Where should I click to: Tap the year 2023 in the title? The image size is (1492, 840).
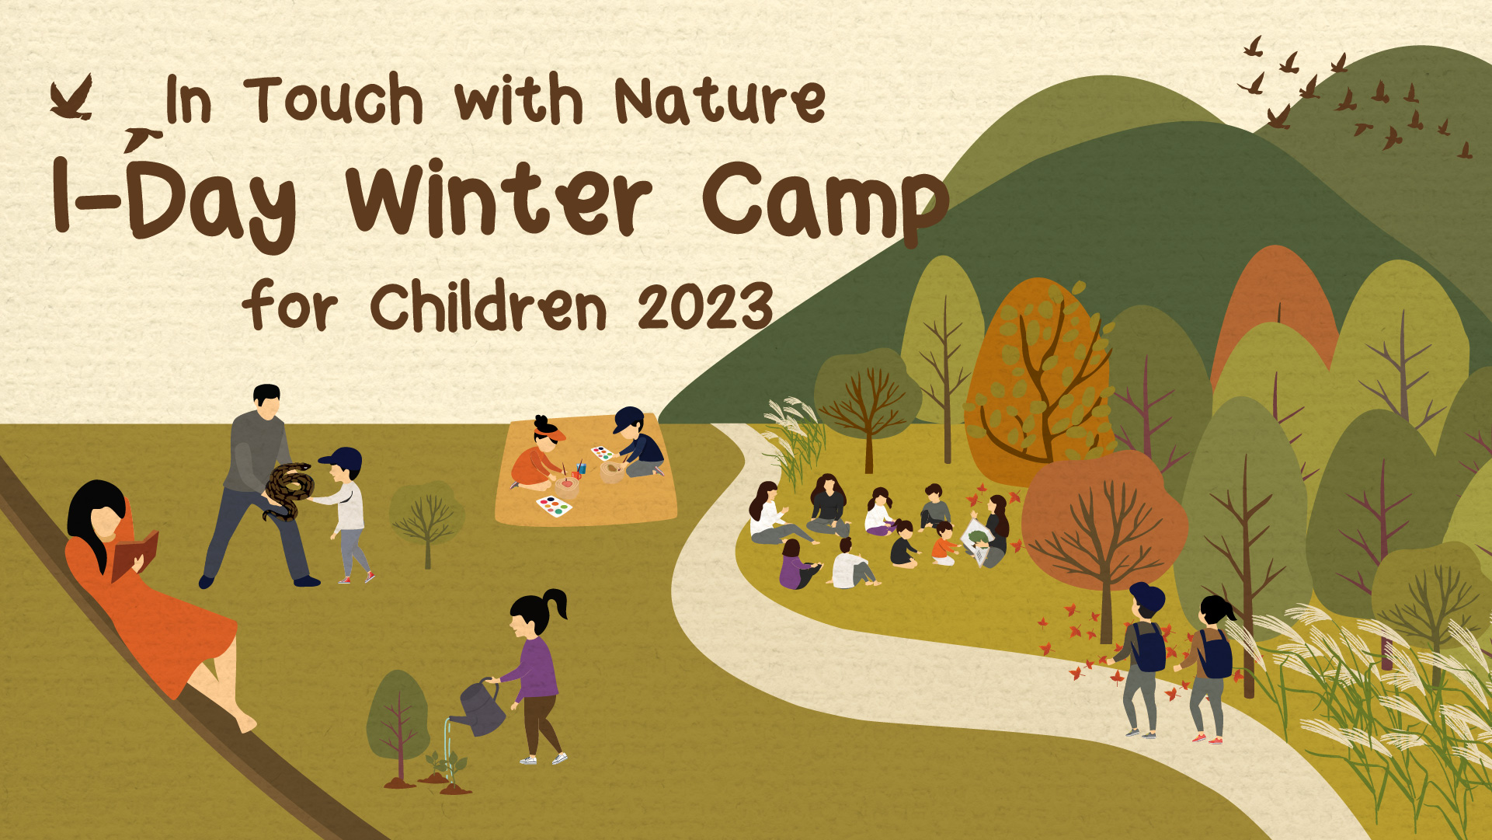coord(705,306)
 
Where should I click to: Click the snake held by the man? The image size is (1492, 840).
coord(289,490)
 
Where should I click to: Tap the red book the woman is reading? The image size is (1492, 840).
coord(135,555)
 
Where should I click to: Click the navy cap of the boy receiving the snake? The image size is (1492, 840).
coord(343,461)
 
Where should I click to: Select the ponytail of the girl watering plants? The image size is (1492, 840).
coord(557,603)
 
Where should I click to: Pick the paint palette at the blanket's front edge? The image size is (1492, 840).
coord(555,507)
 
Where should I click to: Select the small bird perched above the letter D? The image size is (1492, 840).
coord(142,139)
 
